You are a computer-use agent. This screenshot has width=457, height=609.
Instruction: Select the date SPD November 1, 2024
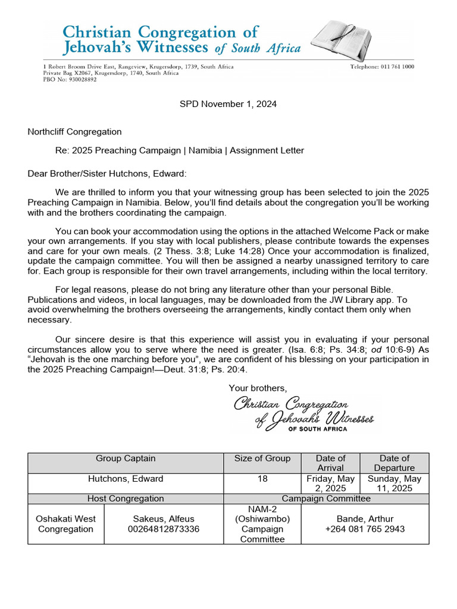228,104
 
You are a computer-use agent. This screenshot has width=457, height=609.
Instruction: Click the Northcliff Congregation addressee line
74,131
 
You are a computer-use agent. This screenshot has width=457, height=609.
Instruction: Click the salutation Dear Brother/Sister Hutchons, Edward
107,173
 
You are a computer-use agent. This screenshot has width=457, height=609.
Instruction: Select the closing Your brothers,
258,388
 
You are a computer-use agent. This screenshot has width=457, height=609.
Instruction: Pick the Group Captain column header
126,459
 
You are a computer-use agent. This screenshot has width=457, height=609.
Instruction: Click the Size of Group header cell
262,459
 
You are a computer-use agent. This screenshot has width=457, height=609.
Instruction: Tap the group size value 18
262,479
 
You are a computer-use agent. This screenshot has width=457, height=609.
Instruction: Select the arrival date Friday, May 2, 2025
330,484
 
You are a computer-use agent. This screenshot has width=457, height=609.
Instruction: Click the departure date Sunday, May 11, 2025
394,484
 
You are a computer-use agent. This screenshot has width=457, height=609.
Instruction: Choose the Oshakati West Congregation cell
65,524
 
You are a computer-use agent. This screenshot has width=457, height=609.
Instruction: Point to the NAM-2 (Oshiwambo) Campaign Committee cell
262,524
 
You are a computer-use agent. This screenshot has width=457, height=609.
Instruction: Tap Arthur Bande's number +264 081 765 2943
365,529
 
